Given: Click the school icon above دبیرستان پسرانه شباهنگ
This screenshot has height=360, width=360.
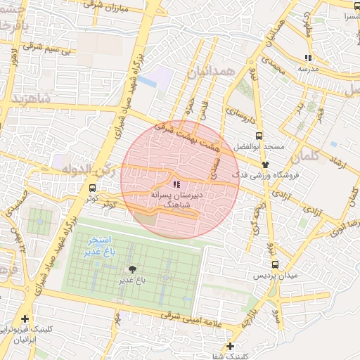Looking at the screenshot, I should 175,184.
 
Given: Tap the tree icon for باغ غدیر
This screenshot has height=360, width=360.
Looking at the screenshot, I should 131,269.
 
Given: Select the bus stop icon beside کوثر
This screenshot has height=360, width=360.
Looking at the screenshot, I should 93,188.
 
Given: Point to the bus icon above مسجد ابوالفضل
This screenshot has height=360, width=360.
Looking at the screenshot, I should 259,136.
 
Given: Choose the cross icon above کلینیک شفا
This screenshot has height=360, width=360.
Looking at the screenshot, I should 231,346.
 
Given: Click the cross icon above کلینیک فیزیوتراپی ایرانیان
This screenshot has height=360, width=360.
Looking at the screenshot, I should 25,319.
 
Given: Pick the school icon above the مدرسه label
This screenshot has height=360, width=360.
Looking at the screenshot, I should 307,58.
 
